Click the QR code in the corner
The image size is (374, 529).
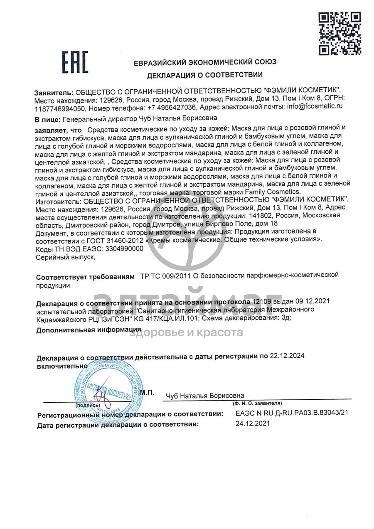340,33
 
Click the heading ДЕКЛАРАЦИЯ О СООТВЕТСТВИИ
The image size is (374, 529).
204,75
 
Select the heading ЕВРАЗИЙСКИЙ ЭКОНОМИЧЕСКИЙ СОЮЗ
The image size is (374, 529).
205,62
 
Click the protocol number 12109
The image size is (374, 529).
260,301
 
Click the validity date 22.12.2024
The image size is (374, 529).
287,356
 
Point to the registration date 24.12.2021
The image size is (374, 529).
252,424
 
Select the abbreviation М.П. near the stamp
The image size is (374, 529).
147,392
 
